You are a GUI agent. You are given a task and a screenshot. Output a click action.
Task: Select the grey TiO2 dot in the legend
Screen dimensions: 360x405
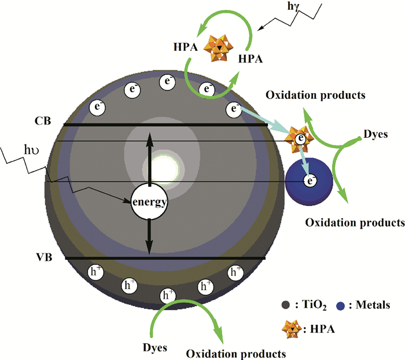click(283, 304)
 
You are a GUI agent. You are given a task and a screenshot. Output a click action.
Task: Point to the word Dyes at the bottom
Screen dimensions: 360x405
click(154, 347)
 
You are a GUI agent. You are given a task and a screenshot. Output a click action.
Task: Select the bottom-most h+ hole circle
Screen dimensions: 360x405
click(167, 296)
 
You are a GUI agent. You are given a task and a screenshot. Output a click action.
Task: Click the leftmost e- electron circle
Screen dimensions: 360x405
click(97, 107)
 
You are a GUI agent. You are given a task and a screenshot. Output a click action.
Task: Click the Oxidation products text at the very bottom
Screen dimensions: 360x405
click(235, 352)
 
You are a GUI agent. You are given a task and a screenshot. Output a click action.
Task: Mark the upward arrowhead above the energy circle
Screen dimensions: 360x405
click(149, 138)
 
